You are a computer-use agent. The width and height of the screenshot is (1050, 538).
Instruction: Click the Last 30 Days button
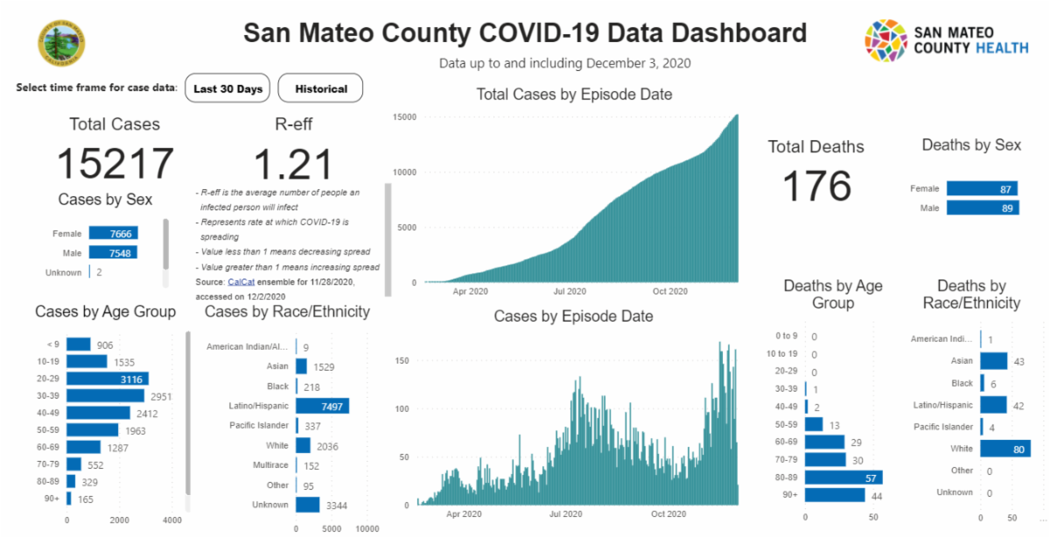click(x=227, y=88)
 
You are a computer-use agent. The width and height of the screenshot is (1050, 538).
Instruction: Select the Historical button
click(x=320, y=88)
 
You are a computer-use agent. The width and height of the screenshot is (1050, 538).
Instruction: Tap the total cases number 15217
click(x=115, y=165)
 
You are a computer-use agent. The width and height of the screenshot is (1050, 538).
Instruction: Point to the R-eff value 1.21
click(x=293, y=165)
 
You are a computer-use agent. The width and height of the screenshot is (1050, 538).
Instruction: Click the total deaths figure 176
click(x=815, y=186)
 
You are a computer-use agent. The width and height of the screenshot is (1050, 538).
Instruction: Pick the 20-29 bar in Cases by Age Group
click(x=108, y=379)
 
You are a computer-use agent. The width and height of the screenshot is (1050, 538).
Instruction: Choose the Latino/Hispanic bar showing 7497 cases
click(x=322, y=406)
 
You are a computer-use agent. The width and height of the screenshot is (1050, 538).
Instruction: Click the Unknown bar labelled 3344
click(x=308, y=505)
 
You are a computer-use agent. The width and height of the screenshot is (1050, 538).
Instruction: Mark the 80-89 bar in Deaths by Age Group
click(x=843, y=478)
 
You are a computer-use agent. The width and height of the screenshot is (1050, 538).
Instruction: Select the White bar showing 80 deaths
click(x=1004, y=449)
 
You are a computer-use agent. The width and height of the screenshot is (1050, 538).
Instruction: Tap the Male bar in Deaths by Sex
click(x=982, y=208)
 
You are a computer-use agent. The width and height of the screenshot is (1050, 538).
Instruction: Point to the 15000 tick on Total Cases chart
click(x=403, y=117)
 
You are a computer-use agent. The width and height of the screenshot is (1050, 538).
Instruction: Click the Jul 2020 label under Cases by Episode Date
click(x=566, y=514)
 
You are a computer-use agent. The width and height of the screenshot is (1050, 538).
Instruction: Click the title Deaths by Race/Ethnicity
click(x=971, y=294)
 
